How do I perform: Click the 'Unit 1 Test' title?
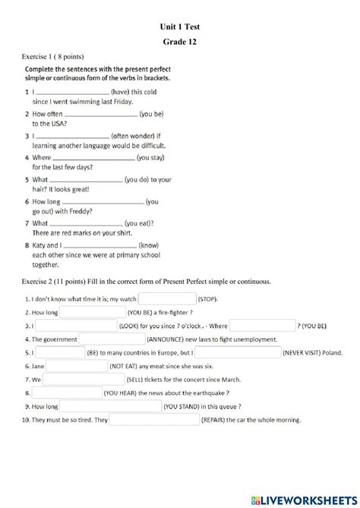click(179, 27)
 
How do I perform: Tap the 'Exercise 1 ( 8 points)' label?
click(52, 57)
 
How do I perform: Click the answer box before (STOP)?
click(166, 299)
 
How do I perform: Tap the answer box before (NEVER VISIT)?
click(248, 353)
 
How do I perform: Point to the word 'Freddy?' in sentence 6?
click(78, 211)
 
